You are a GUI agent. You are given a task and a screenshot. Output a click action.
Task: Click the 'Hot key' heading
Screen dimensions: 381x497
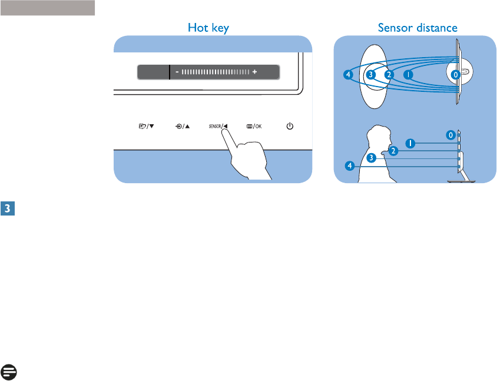coord(208,27)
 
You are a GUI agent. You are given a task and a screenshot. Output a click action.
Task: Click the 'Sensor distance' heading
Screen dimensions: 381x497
coord(418,27)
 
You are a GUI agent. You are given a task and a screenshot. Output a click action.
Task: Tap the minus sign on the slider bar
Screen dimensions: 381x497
coord(177,72)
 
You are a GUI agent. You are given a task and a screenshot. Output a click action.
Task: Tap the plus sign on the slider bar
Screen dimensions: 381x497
coord(255,72)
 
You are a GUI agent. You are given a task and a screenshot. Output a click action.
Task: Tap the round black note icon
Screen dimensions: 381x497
coord(9,372)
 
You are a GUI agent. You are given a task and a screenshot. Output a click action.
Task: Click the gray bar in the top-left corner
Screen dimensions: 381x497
coord(48,8)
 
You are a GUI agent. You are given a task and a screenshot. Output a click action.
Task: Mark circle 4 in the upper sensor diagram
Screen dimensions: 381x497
coord(349,75)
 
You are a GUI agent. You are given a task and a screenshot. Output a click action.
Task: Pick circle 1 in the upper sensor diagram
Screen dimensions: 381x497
coord(409,75)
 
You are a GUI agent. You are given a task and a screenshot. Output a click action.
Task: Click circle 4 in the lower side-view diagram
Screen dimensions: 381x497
coord(350,166)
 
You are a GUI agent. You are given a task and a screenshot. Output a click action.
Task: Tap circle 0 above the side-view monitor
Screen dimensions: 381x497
coord(450,134)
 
